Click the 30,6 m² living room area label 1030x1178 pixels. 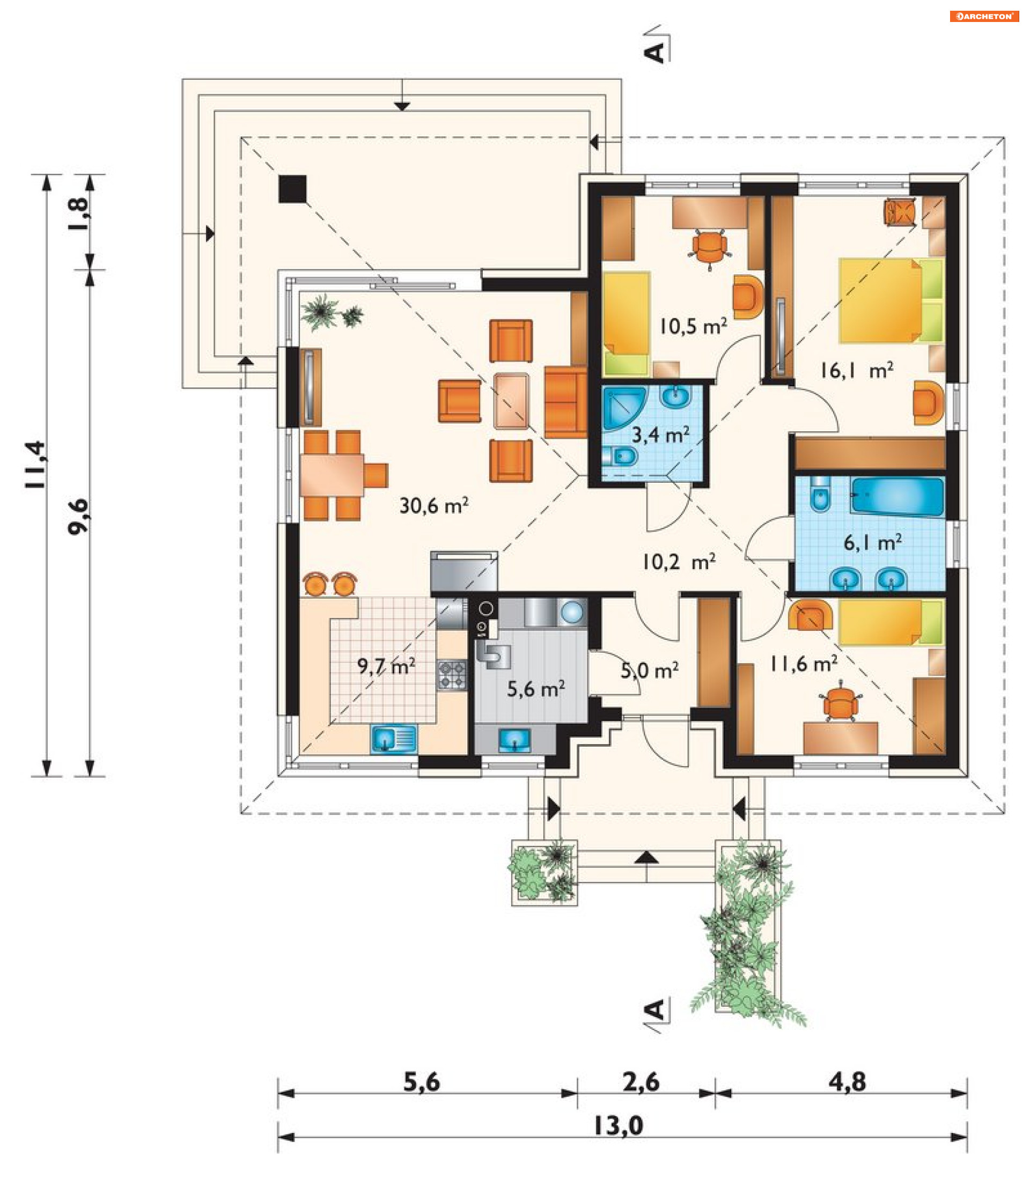tap(434, 506)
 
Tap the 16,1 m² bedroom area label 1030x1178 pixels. tap(856, 371)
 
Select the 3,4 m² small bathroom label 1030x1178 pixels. tap(660, 435)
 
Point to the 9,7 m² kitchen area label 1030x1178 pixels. tap(386, 667)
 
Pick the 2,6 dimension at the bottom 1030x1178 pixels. tap(641, 1082)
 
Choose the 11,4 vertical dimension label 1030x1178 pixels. tap(35, 465)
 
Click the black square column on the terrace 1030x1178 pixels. tap(292, 189)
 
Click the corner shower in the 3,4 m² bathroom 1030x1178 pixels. tap(623, 407)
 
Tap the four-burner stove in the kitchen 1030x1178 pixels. tap(452, 675)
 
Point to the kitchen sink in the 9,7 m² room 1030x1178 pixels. tap(394, 739)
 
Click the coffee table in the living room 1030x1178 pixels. tap(511, 401)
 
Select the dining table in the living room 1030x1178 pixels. tap(332, 475)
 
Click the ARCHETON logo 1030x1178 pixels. tap(984, 16)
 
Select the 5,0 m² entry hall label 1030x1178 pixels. tap(650, 670)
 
